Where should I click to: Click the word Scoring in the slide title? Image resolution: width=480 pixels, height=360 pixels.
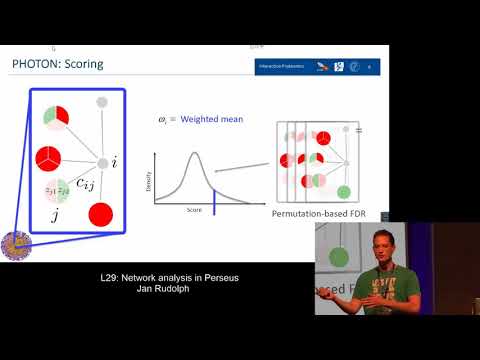click(84, 66)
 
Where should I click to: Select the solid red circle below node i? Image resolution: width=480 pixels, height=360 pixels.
click(100, 213)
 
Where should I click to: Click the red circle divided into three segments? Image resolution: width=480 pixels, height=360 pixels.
click(49, 158)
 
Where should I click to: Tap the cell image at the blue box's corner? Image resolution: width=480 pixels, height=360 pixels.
click(15, 246)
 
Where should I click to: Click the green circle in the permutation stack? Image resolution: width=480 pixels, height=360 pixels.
click(345, 191)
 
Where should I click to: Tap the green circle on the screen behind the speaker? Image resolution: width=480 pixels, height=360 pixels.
click(339, 257)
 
